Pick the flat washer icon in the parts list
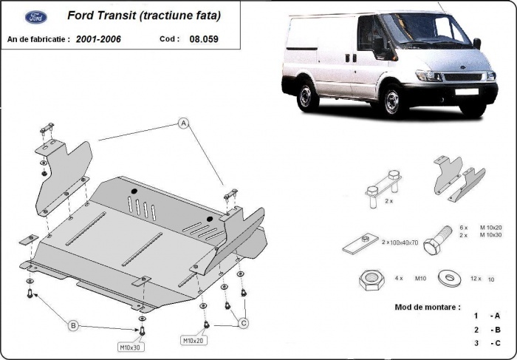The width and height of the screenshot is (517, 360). click(x=447, y=278)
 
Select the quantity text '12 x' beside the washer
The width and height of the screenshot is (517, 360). click(x=475, y=279)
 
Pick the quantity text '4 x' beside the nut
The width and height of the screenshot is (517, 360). click(x=400, y=279)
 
